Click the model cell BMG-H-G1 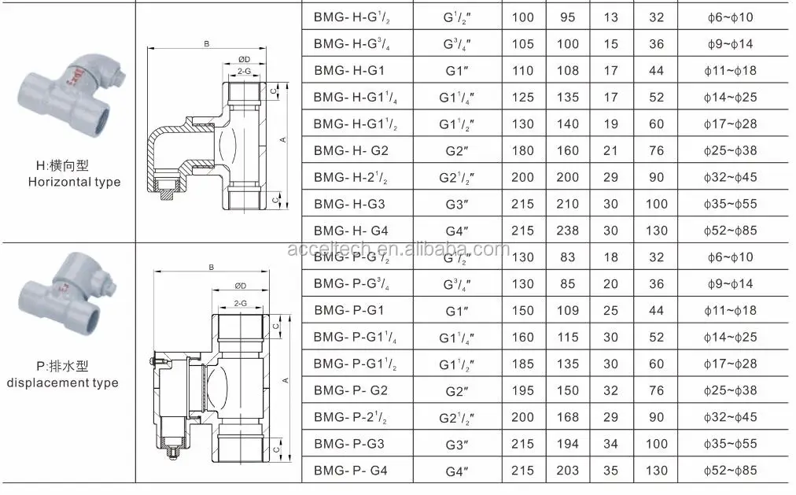(348, 71)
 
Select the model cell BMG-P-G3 (348, 444)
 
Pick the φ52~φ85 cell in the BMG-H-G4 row (728, 231)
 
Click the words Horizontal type (75, 182)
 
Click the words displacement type (63, 383)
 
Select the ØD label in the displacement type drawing (241, 285)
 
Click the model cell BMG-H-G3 (348, 204)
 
